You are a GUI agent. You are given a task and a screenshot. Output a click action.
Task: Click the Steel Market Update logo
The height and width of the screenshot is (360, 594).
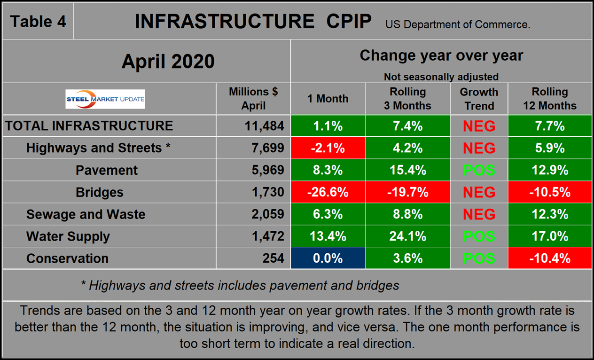click(x=105, y=99)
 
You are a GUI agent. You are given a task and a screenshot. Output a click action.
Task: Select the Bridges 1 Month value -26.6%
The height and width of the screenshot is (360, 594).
click(x=328, y=192)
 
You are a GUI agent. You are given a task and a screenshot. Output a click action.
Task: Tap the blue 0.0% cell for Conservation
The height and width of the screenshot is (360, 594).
click(x=328, y=258)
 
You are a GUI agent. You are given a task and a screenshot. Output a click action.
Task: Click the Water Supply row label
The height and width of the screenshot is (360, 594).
click(x=68, y=236)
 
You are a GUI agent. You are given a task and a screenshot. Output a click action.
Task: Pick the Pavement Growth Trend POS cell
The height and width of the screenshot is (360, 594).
click(x=479, y=170)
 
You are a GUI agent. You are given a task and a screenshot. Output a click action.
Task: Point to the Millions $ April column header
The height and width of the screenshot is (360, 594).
click(x=253, y=99)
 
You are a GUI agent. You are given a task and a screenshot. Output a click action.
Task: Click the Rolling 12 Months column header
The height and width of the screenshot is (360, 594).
click(x=550, y=99)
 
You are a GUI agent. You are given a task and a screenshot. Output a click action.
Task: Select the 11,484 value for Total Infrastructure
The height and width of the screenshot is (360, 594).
click(x=264, y=126)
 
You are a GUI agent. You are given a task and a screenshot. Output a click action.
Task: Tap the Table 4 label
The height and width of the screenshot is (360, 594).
click(x=38, y=21)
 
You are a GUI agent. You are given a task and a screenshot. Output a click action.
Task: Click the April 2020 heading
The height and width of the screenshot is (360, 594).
click(x=168, y=61)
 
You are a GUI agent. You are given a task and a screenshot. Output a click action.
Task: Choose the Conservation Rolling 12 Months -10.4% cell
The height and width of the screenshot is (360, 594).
click(x=550, y=258)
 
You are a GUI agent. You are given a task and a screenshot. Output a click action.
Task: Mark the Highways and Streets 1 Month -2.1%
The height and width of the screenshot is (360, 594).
click(x=328, y=148)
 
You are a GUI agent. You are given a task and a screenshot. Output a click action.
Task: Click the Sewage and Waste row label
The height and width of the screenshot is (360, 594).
click(x=86, y=214)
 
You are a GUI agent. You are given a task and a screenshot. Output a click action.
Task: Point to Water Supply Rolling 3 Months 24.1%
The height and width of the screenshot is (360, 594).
click(x=407, y=236)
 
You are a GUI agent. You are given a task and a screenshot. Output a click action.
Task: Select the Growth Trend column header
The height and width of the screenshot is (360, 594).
click(x=479, y=99)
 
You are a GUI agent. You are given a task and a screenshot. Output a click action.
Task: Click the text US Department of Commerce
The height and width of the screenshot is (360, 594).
click(x=458, y=24)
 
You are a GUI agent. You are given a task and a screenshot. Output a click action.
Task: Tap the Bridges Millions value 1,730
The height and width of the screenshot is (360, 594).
click(x=268, y=192)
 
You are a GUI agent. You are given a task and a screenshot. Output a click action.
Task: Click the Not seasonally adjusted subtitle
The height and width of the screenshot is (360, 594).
click(x=441, y=77)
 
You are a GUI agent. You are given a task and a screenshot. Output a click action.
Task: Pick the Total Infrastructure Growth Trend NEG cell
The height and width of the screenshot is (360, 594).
click(x=479, y=126)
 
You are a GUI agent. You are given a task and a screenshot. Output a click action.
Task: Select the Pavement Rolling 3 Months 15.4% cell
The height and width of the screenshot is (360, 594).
click(x=407, y=170)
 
